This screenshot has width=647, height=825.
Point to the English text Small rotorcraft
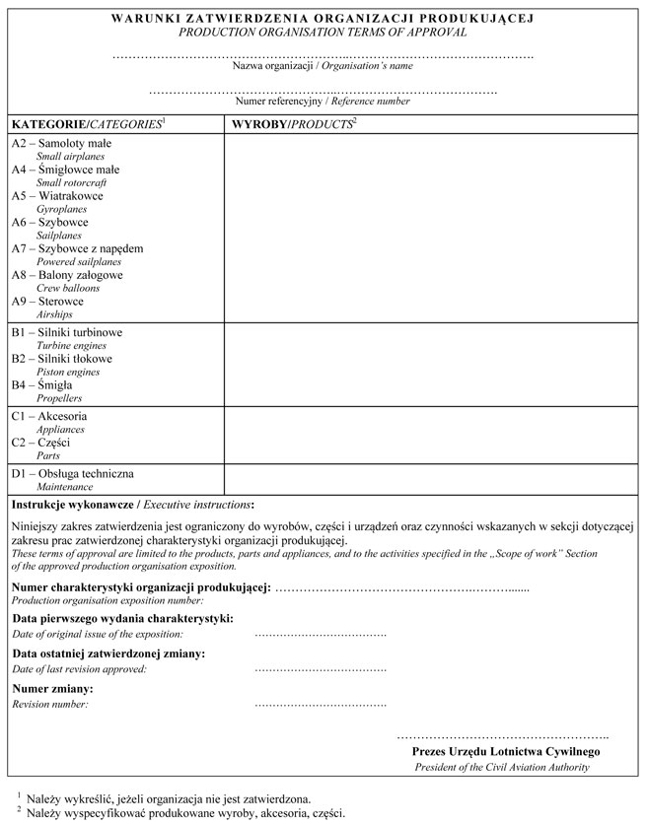(71, 183)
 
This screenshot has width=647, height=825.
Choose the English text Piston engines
(68, 373)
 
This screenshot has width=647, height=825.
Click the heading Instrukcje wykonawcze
(71, 504)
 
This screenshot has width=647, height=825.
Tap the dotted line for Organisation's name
(323, 55)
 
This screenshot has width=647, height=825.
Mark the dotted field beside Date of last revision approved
(320, 669)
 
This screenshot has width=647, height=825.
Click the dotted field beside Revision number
(320, 705)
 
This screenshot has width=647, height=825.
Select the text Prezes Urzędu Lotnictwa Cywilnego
(505, 751)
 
